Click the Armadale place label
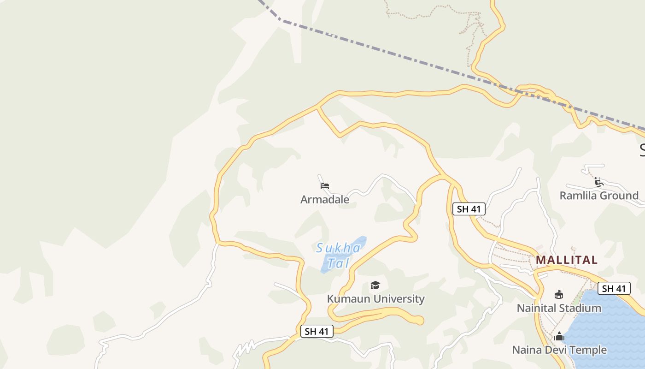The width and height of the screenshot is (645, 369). point(325,200)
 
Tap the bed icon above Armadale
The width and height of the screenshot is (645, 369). point(325,186)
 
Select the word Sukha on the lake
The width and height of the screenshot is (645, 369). point(338,248)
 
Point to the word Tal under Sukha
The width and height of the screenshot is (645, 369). point(339,263)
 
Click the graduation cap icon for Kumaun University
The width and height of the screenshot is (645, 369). point(375,286)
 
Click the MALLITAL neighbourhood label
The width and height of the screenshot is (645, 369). point(567,260)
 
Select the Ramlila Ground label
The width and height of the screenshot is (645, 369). point(599,196)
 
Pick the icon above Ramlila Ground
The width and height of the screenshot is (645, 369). point(598,182)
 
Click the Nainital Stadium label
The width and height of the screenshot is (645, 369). point(559,308)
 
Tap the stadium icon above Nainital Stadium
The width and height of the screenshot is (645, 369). point(559,294)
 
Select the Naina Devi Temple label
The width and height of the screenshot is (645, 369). point(559,350)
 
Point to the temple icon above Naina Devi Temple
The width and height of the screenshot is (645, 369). point(559,337)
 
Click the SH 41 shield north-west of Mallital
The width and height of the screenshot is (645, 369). point(469,209)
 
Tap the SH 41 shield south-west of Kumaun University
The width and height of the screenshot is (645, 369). point(317,331)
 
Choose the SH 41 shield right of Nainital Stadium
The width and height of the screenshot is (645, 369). point(614,289)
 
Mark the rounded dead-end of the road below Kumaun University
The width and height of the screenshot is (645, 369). point(419,320)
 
